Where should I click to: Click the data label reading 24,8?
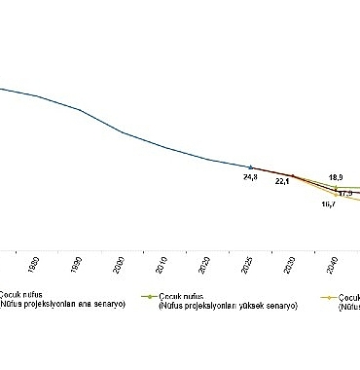coord(250,177)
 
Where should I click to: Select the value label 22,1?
coord(283,181)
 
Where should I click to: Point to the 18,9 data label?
coord(336,177)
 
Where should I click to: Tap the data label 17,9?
coord(344,194)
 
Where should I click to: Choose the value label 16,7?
coord(328,204)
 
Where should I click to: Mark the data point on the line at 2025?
coord(251,167)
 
